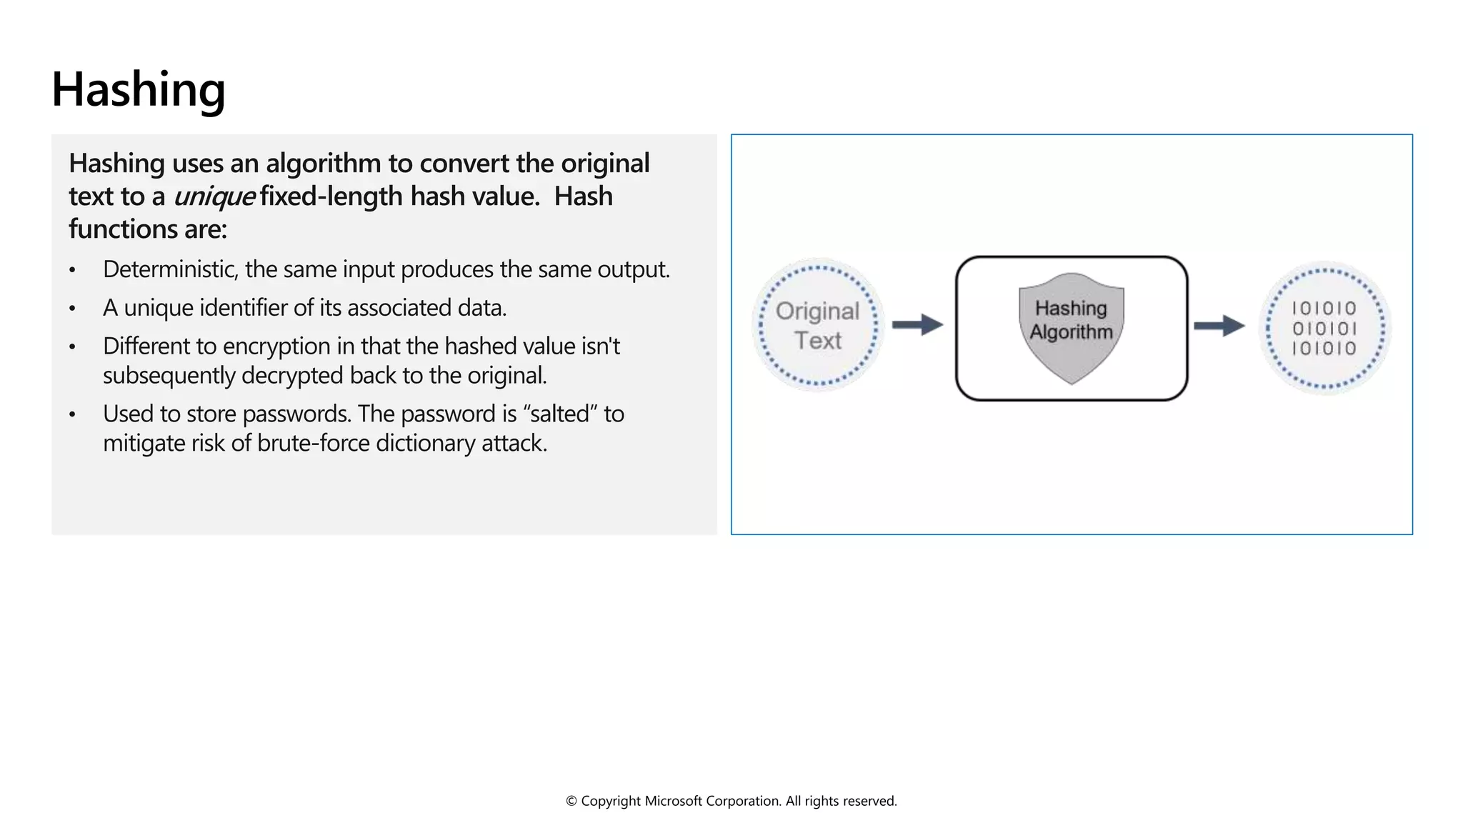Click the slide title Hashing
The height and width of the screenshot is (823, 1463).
point(139,90)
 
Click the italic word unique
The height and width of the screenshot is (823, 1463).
point(214,196)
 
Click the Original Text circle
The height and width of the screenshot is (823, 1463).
point(818,325)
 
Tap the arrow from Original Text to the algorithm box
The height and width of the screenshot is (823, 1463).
point(918,325)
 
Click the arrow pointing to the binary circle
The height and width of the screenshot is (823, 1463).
point(1219,326)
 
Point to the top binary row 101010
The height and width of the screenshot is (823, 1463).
point(1324,309)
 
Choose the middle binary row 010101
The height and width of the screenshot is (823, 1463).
point(1324,329)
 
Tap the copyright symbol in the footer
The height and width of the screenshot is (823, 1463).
point(571,802)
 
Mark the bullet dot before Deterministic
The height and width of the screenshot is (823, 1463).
point(72,271)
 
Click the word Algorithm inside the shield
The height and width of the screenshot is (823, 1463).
point(1071,332)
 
